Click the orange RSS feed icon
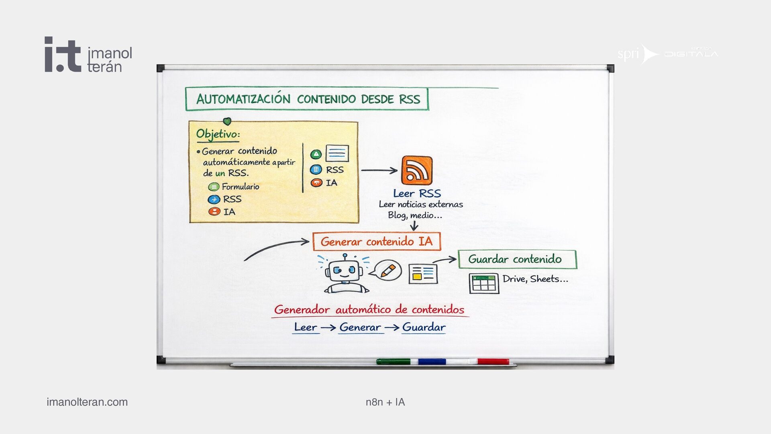point(417,170)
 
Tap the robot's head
point(345,270)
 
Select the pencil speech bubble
point(386,270)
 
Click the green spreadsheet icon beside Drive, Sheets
point(484,283)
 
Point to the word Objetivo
point(218,134)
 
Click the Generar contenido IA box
point(377,242)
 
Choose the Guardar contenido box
point(517,259)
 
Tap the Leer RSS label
point(417,194)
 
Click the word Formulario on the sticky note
point(240,187)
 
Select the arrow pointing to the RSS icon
point(379,170)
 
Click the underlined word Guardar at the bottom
point(424,328)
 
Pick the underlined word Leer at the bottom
point(306,328)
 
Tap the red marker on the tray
point(493,362)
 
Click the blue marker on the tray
point(432,362)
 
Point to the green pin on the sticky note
point(227,121)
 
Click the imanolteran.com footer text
point(87,402)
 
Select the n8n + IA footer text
point(385,402)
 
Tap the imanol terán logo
point(88,55)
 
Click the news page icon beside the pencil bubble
point(423,274)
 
